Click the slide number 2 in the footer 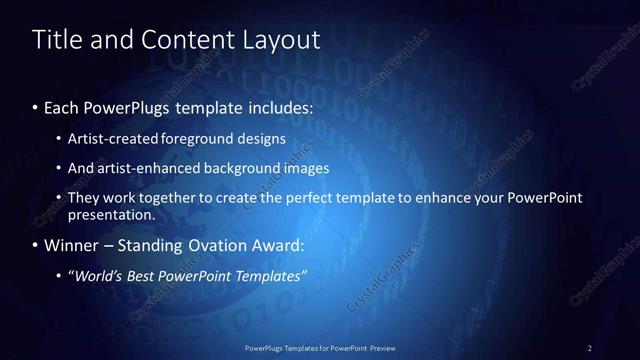click(590, 348)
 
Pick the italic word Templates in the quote click(271, 275)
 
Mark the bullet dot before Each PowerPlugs click(36, 105)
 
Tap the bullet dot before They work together click(59, 199)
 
